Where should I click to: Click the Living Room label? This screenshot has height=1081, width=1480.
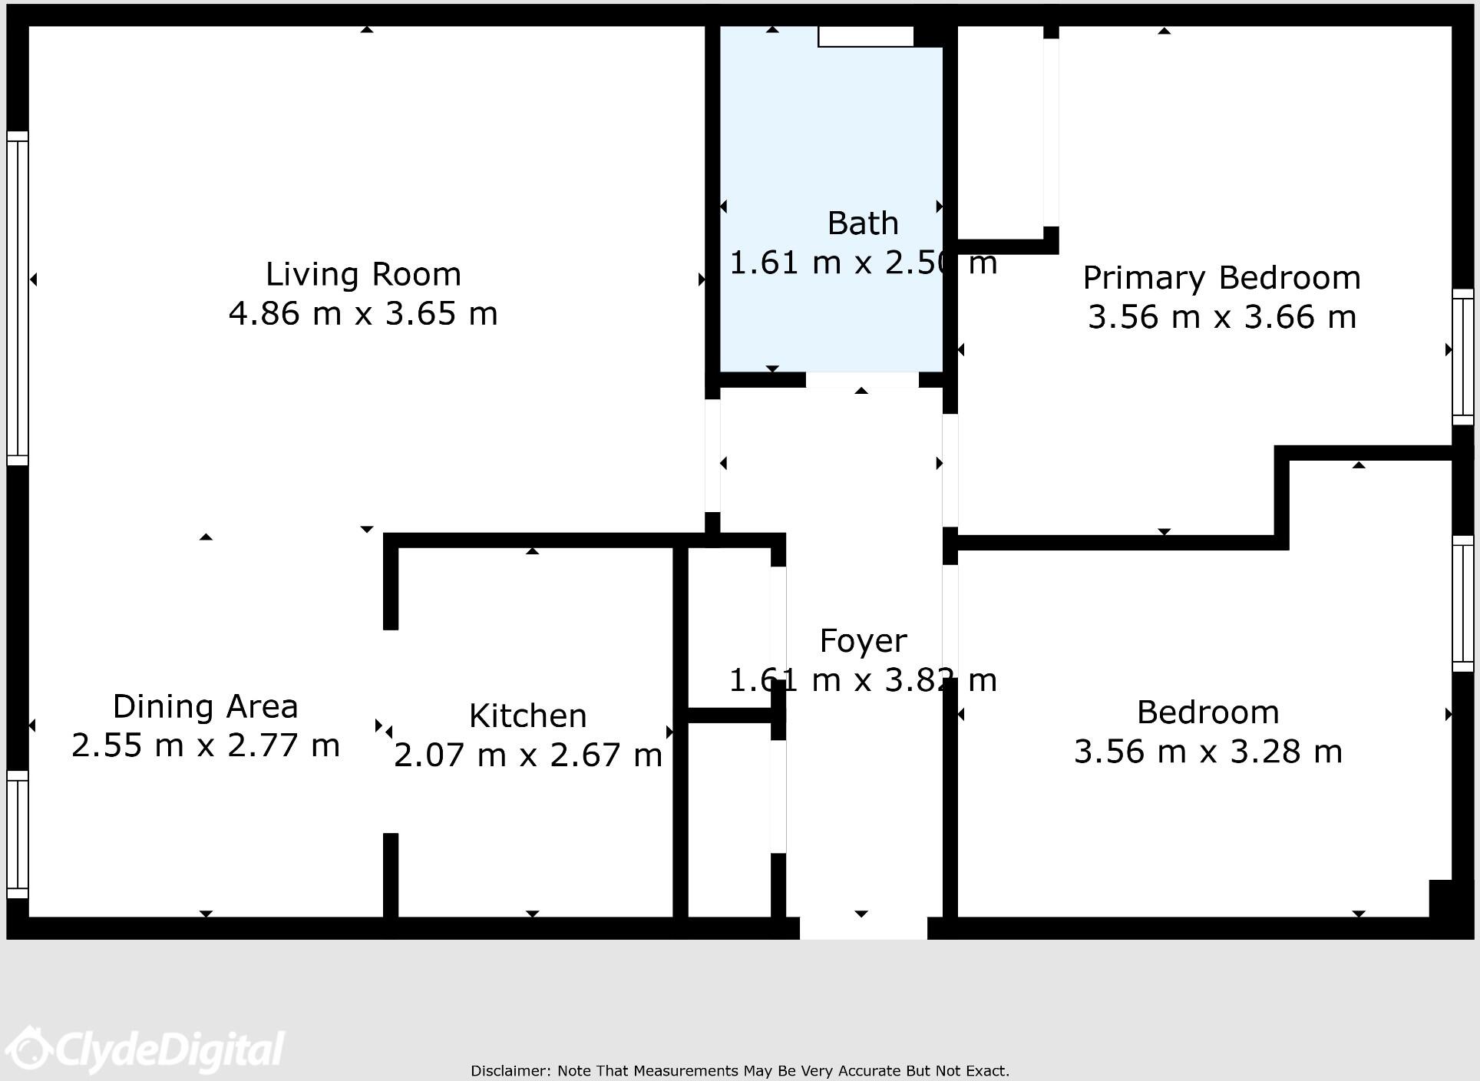[363, 275]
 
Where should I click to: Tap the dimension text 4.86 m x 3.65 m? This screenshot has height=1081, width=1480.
[363, 314]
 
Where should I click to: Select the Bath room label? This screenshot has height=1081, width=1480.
[863, 223]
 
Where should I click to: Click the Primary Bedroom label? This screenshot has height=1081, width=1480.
[1221, 278]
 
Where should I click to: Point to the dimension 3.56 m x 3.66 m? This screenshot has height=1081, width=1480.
[1221, 317]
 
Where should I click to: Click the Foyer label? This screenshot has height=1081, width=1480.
[863, 641]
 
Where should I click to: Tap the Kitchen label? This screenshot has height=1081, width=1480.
[527, 716]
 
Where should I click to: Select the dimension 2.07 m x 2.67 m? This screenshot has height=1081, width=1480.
[527, 755]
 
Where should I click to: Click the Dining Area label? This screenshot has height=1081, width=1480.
[205, 706]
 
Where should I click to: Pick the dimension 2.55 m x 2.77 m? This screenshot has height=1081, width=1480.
[205, 745]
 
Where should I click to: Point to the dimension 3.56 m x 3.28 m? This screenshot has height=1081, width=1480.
[1207, 752]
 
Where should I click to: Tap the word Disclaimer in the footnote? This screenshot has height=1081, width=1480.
[510, 1070]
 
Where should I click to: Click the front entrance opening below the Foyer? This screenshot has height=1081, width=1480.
[863, 927]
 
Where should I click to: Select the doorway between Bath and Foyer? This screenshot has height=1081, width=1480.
[861, 379]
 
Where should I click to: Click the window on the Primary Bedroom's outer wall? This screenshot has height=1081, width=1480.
[1462, 357]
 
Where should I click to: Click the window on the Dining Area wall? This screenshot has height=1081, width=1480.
[18, 835]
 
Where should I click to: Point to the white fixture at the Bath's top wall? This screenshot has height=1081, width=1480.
[865, 36]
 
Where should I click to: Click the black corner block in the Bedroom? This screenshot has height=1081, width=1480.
[1440, 898]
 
